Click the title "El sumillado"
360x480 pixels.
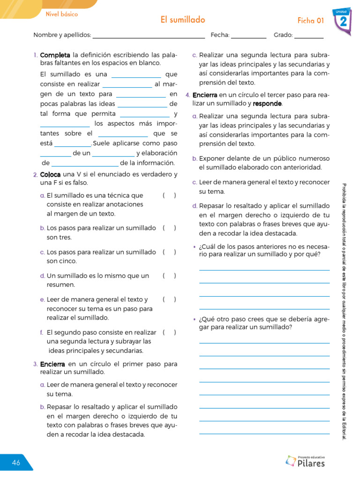[x=183, y=20]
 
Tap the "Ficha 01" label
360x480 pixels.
[x=311, y=20]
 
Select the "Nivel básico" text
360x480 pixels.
[x=61, y=14]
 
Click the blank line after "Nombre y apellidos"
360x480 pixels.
[x=149, y=36]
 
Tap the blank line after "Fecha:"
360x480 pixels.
[x=248, y=36]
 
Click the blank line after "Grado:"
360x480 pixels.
[x=309, y=36]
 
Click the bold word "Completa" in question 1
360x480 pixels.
[x=55, y=55]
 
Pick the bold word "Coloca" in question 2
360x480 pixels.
[x=51, y=174]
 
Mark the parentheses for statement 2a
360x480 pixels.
[x=169, y=195]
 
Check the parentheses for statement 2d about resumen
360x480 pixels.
[x=169, y=276]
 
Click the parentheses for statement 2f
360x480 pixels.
[x=169, y=332]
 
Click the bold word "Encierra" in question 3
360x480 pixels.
[x=52, y=364]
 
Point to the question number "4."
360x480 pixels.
[x=187, y=95]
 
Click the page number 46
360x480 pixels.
[x=16, y=463]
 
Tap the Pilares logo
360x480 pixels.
[x=305, y=461]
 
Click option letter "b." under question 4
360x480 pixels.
[x=195, y=158]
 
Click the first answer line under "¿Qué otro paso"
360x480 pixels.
[x=264, y=343]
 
